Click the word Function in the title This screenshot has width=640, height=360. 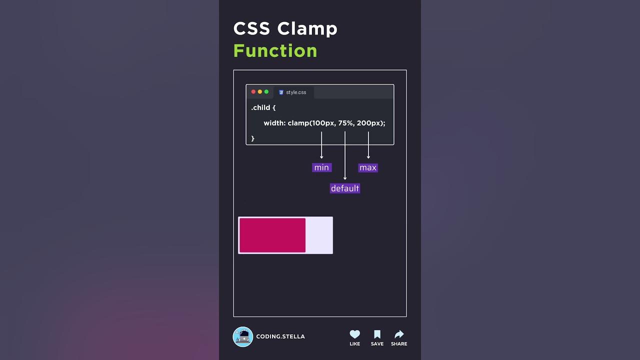(x=275, y=51)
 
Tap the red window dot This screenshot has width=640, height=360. (x=253, y=92)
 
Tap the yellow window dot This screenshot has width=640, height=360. (x=260, y=92)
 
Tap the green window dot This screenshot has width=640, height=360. (x=266, y=92)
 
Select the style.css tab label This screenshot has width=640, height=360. (x=296, y=92)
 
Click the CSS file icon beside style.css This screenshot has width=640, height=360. (x=281, y=92)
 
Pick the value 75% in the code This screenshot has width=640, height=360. (x=345, y=123)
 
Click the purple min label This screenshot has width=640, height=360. (x=321, y=167)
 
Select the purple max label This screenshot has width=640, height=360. (x=368, y=167)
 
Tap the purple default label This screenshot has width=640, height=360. (x=345, y=188)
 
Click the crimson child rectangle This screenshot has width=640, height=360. (x=272, y=235)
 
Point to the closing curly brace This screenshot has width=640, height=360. (x=253, y=138)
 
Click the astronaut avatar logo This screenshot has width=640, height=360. (x=243, y=337)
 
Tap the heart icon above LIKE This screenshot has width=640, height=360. (x=354, y=334)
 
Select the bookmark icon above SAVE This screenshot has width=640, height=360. (x=377, y=334)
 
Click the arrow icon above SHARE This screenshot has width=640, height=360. (x=399, y=334)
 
